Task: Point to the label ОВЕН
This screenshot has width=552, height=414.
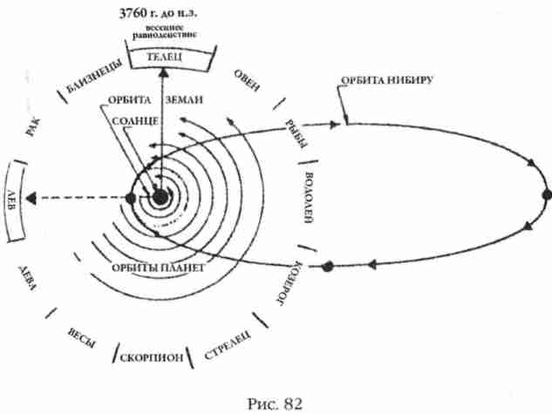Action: point(247,83)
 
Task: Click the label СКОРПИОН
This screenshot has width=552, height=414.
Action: point(152,359)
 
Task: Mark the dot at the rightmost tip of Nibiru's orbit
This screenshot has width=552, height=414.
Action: point(546,195)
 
